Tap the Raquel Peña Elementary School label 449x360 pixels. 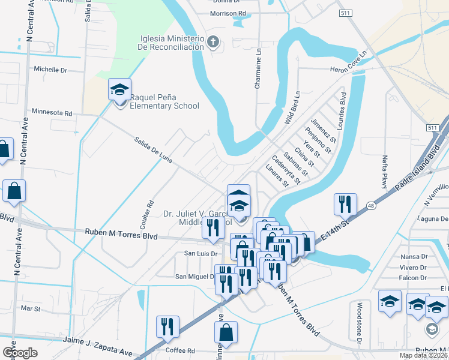164,101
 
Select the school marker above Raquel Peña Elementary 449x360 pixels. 119,91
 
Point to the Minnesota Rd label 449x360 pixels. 52,112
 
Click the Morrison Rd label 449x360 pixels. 228,13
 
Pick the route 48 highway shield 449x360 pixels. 372,205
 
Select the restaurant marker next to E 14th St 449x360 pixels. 345,205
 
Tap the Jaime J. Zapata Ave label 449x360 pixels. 81,340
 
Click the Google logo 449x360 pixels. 20,352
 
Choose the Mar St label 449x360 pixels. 30,309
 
